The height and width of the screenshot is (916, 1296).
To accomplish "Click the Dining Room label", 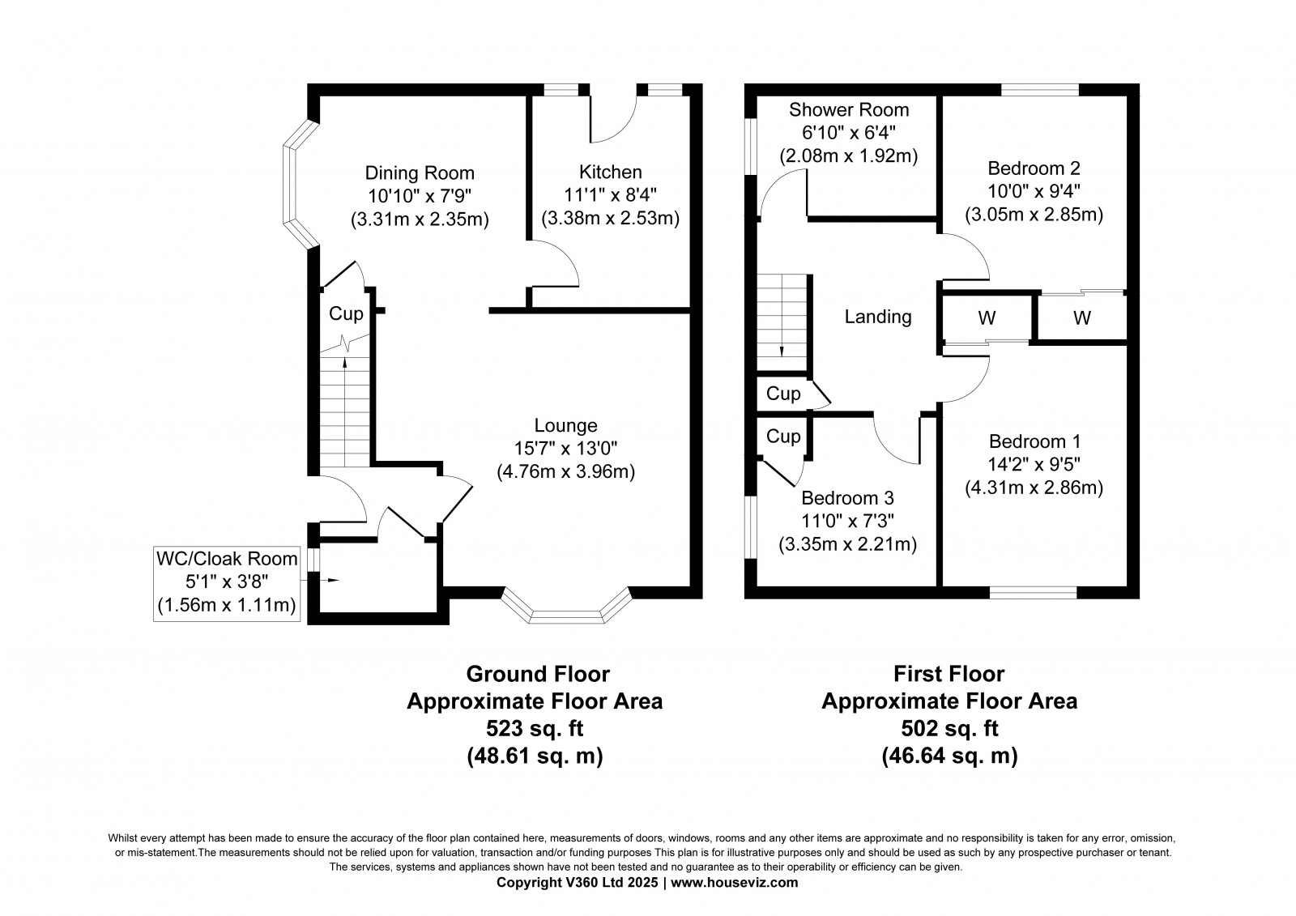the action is tap(420, 173).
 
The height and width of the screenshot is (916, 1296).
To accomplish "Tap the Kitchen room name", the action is tap(611, 172).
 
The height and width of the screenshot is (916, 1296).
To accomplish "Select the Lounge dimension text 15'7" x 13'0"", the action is tap(566, 448).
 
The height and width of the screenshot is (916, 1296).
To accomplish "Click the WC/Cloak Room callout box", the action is tap(227, 583).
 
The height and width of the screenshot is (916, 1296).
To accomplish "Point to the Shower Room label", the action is tap(849, 109).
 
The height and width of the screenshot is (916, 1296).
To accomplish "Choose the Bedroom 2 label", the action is tap(1034, 168).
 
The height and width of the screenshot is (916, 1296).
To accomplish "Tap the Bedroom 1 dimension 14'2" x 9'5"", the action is tap(1034, 464).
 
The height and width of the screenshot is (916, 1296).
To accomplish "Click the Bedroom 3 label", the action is tap(847, 497).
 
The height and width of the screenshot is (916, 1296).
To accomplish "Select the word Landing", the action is tap(878, 317).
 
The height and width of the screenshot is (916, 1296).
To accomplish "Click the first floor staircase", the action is tap(782, 322).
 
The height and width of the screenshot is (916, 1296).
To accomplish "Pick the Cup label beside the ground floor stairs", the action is tap(346, 313).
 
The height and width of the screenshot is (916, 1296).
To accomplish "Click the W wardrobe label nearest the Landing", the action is tap(987, 317).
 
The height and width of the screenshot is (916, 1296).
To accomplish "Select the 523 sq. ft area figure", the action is tap(535, 728).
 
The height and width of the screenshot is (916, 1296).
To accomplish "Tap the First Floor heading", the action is tap(949, 674).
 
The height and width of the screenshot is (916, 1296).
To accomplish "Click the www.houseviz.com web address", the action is tap(734, 883).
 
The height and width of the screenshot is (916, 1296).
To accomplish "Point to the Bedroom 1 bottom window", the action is tap(1034, 593).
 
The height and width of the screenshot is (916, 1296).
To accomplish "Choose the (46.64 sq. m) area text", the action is tap(949, 756).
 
